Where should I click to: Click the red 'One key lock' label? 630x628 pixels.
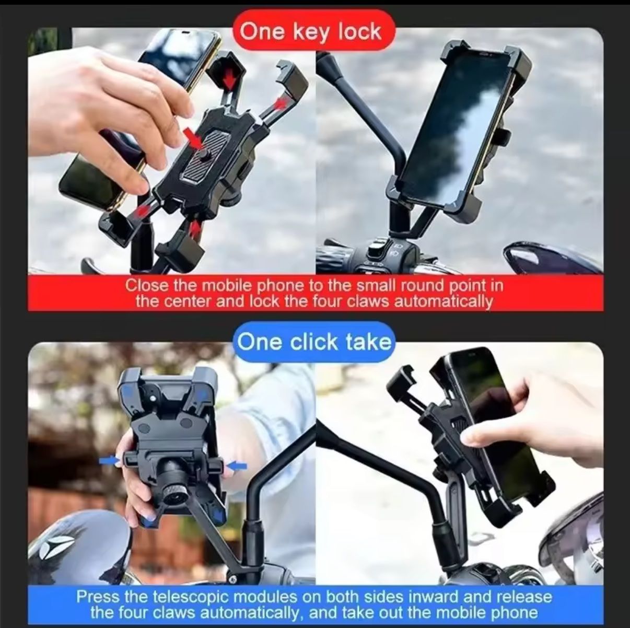(x=311, y=32)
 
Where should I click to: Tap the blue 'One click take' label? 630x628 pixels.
(x=314, y=342)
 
